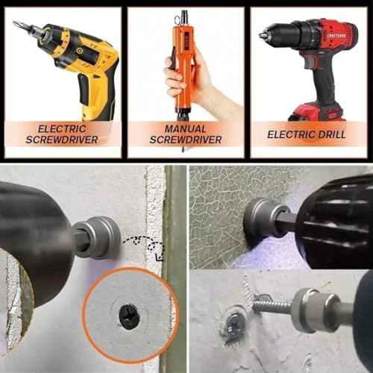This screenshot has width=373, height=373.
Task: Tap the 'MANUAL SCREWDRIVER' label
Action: [x=186, y=134]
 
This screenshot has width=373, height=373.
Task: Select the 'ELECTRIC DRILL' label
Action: [x=306, y=134]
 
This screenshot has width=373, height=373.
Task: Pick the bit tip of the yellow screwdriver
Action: [x=17, y=25]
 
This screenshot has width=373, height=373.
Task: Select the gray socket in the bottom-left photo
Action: [x=98, y=237]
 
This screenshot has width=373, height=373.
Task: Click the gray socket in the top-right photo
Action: [x=262, y=219]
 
